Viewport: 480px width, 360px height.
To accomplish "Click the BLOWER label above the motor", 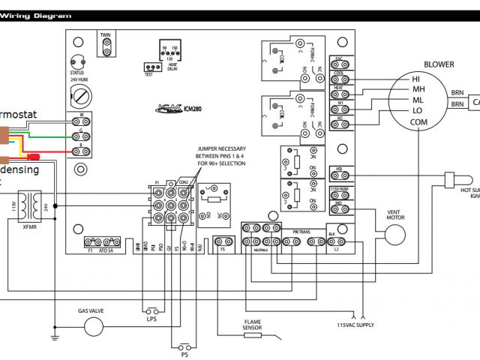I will click(x=439, y=64).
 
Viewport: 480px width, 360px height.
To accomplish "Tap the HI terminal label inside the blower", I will click(x=416, y=79).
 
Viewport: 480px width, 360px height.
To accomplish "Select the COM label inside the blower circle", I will click(x=418, y=122).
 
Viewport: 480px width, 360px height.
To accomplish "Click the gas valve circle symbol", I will click(x=94, y=325).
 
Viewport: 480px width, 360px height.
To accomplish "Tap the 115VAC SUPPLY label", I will click(x=356, y=325).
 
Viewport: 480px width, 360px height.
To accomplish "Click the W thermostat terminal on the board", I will click(x=79, y=115).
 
